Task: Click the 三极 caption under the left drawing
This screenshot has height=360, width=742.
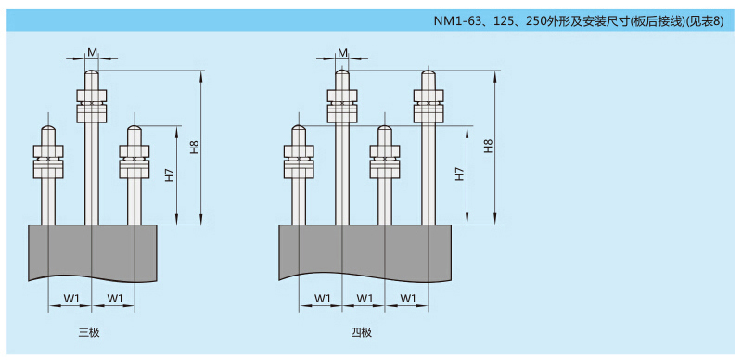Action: (x=89, y=332)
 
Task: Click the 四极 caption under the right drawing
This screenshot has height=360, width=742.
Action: (x=361, y=332)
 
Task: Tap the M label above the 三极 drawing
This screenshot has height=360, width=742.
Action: (x=91, y=52)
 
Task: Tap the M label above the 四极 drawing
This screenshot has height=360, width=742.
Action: (x=343, y=52)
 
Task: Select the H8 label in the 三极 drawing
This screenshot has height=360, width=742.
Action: (x=194, y=147)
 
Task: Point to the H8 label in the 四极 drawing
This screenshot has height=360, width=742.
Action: (x=489, y=147)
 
